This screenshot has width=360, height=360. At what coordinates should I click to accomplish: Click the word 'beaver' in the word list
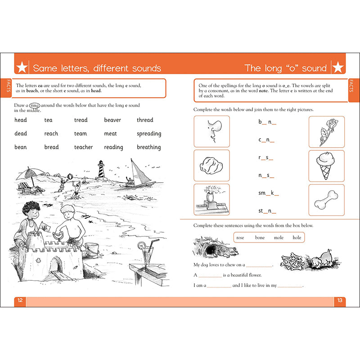click(112, 120)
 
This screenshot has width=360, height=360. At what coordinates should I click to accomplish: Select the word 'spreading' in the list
click(149, 134)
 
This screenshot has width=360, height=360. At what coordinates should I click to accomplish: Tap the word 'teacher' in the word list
click(83, 147)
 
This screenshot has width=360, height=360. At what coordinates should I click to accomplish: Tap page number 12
click(20, 301)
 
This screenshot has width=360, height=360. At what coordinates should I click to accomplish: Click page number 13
click(340, 301)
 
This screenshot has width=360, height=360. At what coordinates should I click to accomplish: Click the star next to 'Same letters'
click(22, 68)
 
